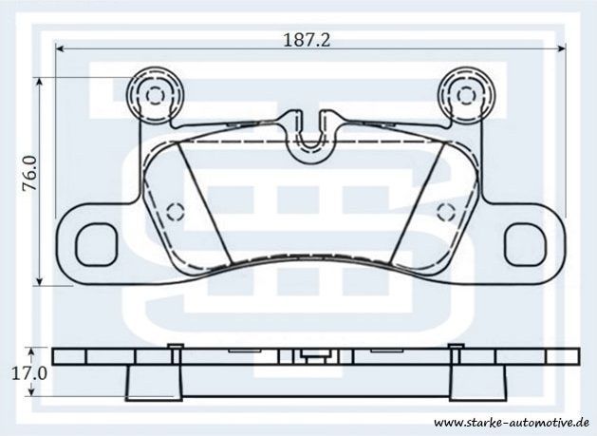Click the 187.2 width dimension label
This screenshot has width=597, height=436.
tap(307, 40)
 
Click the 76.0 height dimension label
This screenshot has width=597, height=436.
tap(29, 173)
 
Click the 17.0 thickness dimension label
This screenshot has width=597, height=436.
tap(29, 373)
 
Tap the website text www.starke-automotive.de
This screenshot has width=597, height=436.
tap(512, 423)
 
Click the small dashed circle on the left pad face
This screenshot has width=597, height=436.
tap(176, 212)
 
